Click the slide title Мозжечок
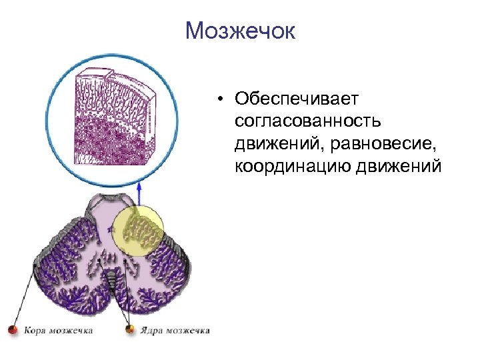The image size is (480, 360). coord(240,31)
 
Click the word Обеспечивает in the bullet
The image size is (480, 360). coord(297,99)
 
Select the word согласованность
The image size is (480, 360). coord(307,121)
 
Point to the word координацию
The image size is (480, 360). coord(293,166)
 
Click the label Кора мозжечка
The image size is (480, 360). coord(59,330)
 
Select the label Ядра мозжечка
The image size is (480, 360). coord(175,330)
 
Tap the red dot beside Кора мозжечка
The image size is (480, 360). coord(12,330)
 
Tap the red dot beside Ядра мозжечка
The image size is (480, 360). coord(131,329)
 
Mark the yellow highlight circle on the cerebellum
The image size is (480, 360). coord(137,231)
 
